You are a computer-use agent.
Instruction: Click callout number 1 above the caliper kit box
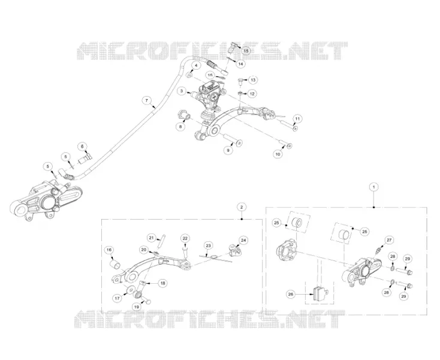(373, 187)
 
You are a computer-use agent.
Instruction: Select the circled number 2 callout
(242, 207)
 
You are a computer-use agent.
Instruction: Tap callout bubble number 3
(182, 91)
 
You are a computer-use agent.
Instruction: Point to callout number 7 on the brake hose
(146, 100)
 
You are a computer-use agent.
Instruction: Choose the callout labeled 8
(180, 127)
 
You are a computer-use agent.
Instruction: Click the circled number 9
(228, 151)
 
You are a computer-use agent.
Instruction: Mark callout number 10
(278, 154)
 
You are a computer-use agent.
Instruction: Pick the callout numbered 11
(297, 119)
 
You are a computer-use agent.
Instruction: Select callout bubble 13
(253, 80)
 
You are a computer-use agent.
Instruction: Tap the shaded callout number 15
(246, 51)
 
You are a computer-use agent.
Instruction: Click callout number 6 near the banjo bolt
(82, 146)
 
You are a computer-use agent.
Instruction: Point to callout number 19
(137, 307)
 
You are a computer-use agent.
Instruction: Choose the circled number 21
(152, 238)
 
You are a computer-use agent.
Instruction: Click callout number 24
(243, 241)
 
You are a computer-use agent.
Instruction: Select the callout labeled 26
(291, 294)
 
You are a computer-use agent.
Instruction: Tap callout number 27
(389, 240)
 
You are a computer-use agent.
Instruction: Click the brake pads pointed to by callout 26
(320, 293)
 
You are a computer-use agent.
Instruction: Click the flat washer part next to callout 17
(131, 289)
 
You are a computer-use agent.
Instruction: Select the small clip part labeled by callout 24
(234, 250)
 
